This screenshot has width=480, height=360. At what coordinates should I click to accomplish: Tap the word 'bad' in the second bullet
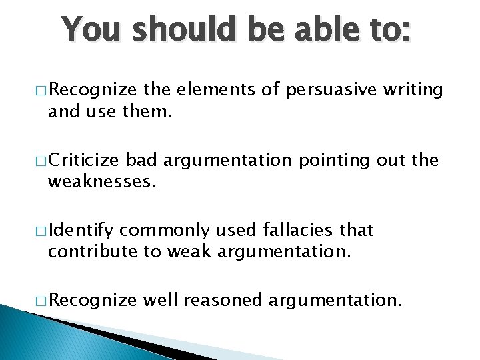[x=141, y=160]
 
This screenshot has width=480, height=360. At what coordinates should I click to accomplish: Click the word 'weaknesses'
[x=101, y=182]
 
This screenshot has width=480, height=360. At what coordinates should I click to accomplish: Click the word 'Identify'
[x=81, y=231]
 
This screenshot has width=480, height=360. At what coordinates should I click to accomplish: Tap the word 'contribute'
[x=89, y=252]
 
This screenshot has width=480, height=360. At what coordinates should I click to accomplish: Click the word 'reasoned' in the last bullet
[x=223, y=300]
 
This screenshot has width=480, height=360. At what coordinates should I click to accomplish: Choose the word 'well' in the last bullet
[x=161, y=300]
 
